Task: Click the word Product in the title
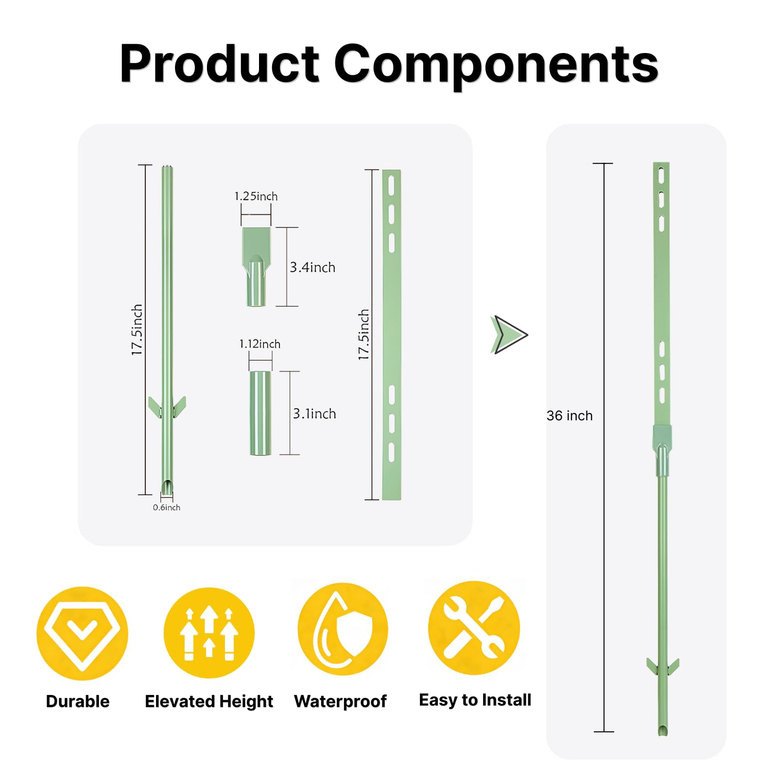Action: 220,64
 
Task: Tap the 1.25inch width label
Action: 256,196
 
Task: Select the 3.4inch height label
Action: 312,267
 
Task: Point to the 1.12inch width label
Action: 260,344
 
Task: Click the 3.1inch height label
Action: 314,414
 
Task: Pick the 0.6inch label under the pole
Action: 167,507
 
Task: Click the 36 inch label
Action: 570,416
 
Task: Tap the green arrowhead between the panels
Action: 509,335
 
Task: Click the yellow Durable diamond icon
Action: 83,633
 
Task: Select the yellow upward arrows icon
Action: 209,633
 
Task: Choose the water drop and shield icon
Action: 343,629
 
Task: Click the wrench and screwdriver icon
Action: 474,628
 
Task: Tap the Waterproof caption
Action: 340,701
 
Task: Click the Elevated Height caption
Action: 209,702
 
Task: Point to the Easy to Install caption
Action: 475,700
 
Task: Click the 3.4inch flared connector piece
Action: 257,267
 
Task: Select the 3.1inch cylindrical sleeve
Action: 260,413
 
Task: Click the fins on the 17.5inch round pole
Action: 167,407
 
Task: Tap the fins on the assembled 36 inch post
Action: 663,666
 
